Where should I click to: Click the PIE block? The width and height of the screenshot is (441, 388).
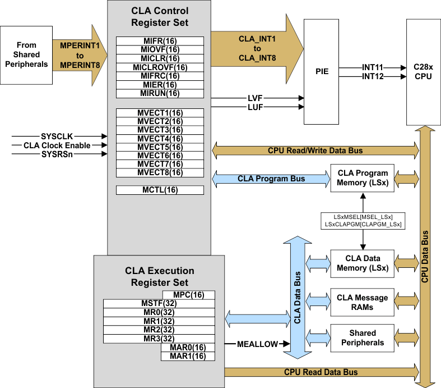tap(322, 71)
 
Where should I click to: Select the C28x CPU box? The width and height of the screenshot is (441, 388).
tap(423, 71)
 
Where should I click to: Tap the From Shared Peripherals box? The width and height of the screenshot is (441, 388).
tap(26, 54)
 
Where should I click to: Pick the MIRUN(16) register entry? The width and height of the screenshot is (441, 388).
tap(160, 93)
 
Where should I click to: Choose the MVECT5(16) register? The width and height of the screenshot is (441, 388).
tap(160, 147)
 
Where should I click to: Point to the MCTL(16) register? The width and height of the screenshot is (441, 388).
tap(160, 190)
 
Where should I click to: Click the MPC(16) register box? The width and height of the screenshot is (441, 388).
tap(188, 295)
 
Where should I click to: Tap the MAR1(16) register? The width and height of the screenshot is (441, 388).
tap(188, 356)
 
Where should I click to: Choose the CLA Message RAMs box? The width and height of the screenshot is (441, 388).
tap(363, 303)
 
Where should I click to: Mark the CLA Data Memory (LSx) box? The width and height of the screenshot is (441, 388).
tap(363, 263)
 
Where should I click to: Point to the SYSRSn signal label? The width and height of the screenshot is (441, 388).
tap(57, 154)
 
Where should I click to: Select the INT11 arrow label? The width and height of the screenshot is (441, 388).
tap(372, 67)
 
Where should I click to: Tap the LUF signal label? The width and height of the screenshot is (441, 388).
tap(255, 107)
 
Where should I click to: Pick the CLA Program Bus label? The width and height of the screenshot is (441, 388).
tap(271, 179)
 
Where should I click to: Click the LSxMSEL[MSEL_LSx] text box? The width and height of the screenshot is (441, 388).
tap(363, 217)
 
